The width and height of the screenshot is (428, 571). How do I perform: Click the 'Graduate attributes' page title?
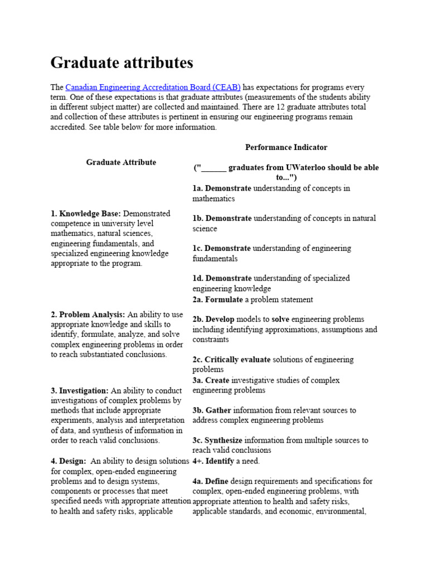pos(122,62)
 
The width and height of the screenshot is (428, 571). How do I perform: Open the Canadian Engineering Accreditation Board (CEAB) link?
pos(153,88)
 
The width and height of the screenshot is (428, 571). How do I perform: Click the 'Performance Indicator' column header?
pos(286,147)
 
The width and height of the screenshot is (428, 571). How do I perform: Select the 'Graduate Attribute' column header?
pos(121,162)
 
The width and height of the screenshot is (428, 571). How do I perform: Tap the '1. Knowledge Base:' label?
pos(85,214)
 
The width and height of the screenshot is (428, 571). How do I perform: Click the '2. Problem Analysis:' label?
pos(87,314)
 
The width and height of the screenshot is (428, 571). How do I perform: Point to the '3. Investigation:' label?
pos(79,390)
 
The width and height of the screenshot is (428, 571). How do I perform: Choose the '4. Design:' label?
pos(68,461)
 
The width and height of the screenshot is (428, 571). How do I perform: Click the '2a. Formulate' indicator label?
pos(218,299)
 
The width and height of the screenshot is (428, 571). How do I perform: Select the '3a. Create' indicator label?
pos(211,380)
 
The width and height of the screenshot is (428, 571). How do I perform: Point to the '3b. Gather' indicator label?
pos(212,410)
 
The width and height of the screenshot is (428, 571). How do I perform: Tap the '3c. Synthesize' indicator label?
pos(217,441)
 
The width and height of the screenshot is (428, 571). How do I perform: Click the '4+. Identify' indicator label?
pos(213,461)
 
